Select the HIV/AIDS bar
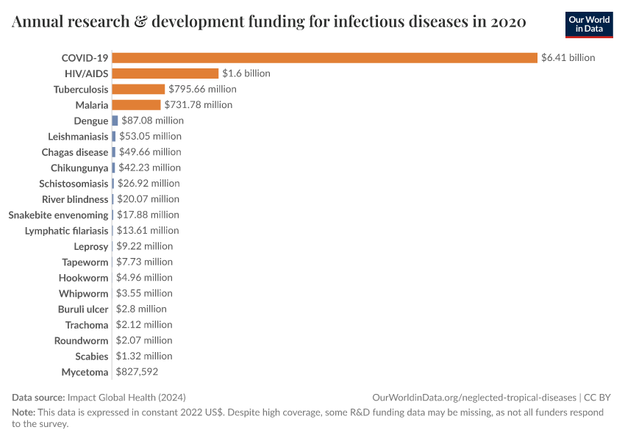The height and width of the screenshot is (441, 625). [165, 73]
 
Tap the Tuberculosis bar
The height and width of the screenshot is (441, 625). [138, 89]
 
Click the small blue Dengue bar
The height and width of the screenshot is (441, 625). [115, 121]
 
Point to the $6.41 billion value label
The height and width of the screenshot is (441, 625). [568, 57]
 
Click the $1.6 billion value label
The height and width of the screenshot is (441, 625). [246, 73]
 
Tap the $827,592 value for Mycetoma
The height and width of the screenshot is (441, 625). [137, 372]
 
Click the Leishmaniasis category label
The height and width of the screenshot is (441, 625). [78, 137]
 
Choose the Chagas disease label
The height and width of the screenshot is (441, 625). [75, 152]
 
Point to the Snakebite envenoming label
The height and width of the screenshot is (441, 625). [58, 215]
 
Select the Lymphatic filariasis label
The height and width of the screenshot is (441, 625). [66, 231]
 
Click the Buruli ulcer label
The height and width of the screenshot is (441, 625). [83, 309]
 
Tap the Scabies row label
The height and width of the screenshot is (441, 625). [91, 356]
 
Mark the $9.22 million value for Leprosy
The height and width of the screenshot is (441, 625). [144, 246]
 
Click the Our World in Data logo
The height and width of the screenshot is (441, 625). [589, 24]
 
